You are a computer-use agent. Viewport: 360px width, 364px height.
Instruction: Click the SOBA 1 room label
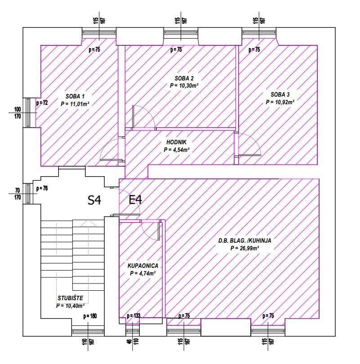[75, 96]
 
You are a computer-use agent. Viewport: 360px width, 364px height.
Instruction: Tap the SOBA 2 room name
[184, 78]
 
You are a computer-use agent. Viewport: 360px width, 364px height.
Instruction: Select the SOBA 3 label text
[280, 94]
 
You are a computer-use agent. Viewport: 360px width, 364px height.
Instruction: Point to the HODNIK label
[176, 142]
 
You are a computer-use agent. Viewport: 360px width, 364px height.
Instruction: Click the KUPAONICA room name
[143, 266]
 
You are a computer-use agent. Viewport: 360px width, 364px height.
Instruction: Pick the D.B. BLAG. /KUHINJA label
[244, 240]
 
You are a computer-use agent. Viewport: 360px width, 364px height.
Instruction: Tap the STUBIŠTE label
[70, 298]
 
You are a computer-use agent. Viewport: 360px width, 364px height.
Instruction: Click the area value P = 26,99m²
[244, 248]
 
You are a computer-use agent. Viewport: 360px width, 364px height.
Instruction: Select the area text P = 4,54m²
[176, 150]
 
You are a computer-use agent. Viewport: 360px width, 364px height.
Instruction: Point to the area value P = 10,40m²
[70, 306]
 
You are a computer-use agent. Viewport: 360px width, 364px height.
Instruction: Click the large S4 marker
[94, 200]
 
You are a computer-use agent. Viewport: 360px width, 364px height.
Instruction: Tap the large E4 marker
[135, 200]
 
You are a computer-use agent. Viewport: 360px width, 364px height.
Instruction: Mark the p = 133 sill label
[133, 316]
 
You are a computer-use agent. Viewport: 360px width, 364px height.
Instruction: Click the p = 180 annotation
[90, 316]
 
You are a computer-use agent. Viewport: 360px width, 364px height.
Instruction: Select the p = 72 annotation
[42, 102]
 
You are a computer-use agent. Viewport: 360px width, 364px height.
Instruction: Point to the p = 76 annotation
[42, 188]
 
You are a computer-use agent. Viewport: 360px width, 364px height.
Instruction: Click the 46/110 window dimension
[133, 341]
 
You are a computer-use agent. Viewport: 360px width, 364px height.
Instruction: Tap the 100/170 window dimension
[18, 113]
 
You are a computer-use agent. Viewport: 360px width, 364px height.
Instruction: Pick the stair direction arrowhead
[88, 223]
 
